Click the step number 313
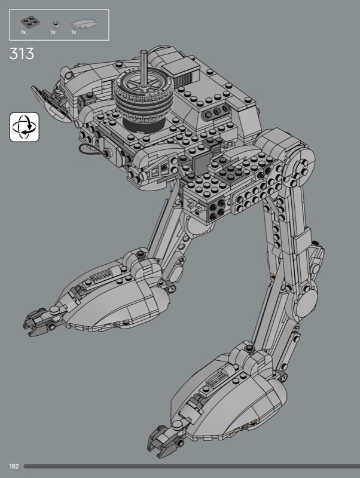tap(22, 54)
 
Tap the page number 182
tap(14, 467)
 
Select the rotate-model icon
tap(24, 127)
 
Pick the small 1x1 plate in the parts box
tap(55, 24)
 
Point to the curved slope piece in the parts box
tap(84, 24)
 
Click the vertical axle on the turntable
tap(143, 68)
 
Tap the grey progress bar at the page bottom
tap(191, 467)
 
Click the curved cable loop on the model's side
tap(90, 150)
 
